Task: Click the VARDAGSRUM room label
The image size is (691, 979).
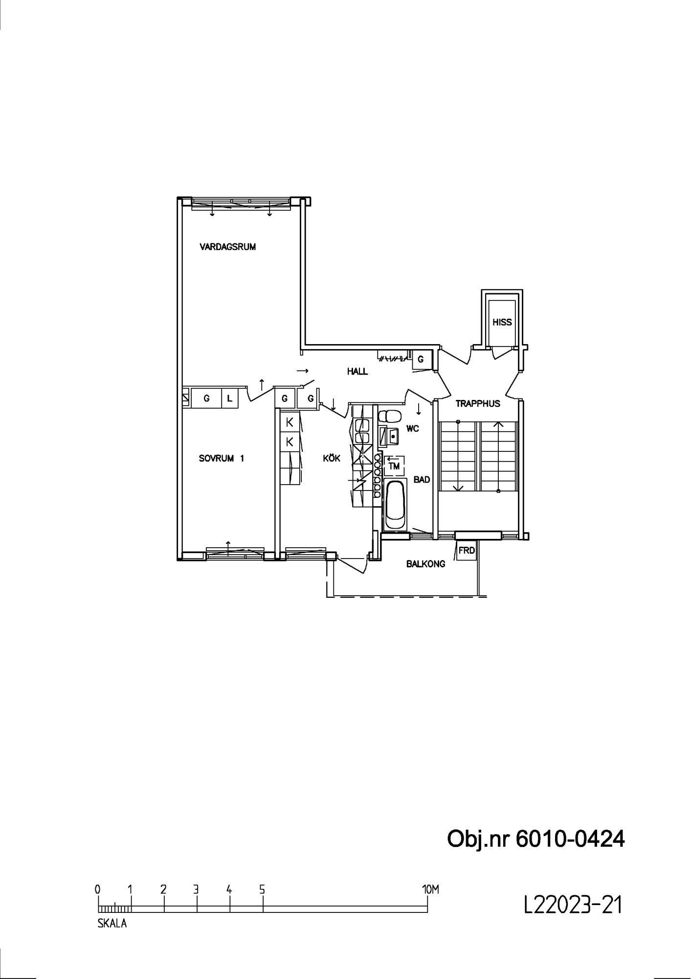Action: (x=227, y=247)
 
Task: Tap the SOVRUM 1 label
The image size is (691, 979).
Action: (x=222, y=459)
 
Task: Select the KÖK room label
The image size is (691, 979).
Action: (x=332, y=458)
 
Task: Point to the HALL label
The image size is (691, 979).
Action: (x=357, y=372)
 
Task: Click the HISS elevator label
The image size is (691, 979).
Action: (x=502, y=322)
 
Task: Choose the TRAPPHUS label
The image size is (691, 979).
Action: (x=478, y=404)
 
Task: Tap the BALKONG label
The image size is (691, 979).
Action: (x=425, y=564)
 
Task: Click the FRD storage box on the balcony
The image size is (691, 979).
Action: (x=466, y=551)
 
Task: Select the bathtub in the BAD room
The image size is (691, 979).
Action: (x=395, y=505)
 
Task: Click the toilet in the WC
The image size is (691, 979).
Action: (x=390, y=416)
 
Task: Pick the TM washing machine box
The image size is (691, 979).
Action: (x=394, y=466)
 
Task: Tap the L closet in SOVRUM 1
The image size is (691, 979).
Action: (x=229, y=398)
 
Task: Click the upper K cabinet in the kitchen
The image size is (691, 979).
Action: (x=290, y=421)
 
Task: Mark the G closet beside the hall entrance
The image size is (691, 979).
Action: (x=421, y=360)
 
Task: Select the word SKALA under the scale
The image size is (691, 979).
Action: (x=112, y=924)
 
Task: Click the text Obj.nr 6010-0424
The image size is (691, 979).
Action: (x=536, y=839)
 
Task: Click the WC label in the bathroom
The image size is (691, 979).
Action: (x=413, y=429)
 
